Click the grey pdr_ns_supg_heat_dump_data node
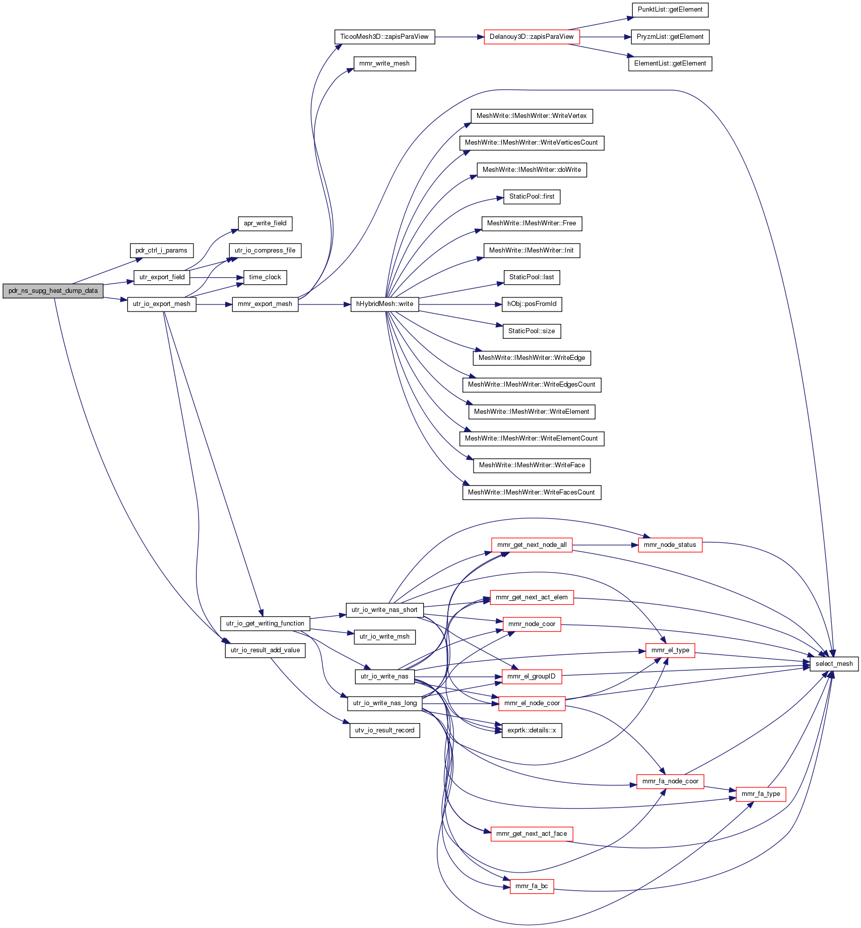pos(53,291)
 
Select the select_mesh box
pos(834,664)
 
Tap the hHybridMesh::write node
pos(384,304)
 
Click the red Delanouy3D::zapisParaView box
pos(532,37)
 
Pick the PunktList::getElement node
pos(670,10)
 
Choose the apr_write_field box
pos(265,223)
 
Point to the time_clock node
pos(265,277)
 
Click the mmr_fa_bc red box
pos(532,886)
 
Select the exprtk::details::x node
pos(532,730)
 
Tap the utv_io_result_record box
pos(384,730)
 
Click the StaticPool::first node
pos(532,197)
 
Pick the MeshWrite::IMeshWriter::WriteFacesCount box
pos(532,492)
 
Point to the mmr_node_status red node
pos(670,545)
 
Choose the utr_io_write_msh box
pos(384,637)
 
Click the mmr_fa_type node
pos(761,794)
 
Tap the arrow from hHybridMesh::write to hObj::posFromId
pos(460,304)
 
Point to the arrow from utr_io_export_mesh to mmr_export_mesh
pos(214,304)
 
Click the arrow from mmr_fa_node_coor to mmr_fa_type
pos(720,789)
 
